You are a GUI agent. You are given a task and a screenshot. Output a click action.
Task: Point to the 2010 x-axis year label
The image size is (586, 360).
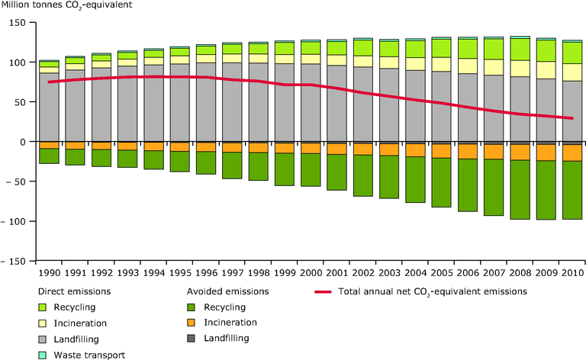572,272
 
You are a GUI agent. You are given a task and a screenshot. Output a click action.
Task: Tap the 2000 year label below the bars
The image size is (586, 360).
311,272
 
